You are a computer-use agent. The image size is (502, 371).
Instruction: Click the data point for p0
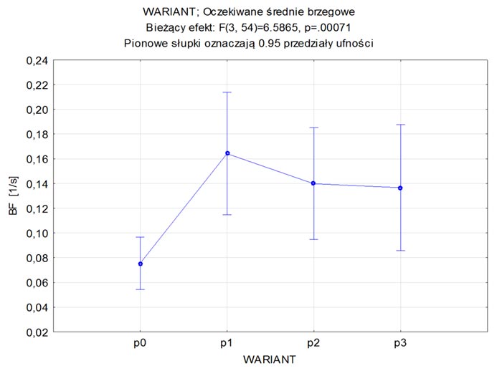(x=141, y=264)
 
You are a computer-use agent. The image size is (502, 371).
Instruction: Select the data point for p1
(x=227, y=153)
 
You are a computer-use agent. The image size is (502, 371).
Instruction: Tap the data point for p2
(x=313, y=183)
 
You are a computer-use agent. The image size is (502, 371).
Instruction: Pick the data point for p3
(x=400, y=188)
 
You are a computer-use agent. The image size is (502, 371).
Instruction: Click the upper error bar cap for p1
(x=227, y=92)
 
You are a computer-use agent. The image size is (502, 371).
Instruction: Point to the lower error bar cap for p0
(x=141, y=289)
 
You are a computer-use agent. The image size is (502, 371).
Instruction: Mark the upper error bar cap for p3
(x=400, y=125)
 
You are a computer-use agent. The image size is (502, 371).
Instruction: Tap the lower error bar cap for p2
(x=313, y=239)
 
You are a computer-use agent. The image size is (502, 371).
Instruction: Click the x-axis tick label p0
(x=141, y=344)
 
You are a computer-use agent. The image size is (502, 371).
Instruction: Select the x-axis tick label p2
(x=313, y=344)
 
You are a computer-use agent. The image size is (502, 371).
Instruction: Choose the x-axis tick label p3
(x=400, y=344)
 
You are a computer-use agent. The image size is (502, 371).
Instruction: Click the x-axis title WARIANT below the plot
(x=270, y=358)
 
